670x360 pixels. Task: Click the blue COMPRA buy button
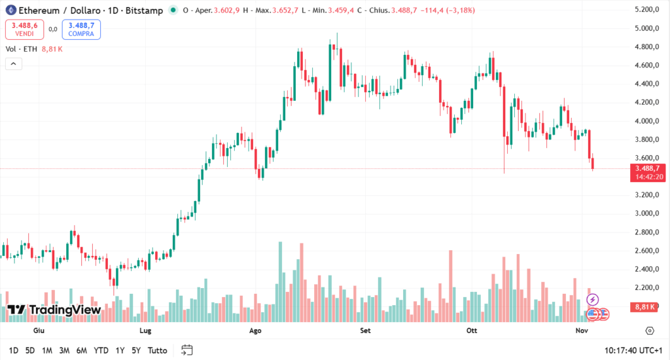pos(81,29)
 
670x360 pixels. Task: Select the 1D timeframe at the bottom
pos(13,350)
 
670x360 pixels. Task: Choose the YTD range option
pos(101,350)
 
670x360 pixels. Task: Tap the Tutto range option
pos(157,350)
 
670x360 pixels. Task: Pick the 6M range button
pos(82,350)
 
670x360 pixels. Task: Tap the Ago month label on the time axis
pos(256,331)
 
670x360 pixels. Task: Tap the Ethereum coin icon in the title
pos(10,10)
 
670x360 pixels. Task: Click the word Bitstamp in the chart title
pos(147,10)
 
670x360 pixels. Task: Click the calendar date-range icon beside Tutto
pos(187,350)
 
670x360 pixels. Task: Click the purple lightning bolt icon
pos(593,300)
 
